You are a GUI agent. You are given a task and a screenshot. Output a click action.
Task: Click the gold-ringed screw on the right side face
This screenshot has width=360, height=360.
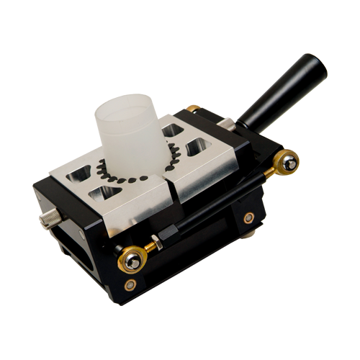(x=248, y=217)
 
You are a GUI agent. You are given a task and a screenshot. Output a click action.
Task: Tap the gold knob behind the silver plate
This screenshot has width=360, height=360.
(x=193, y=109)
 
